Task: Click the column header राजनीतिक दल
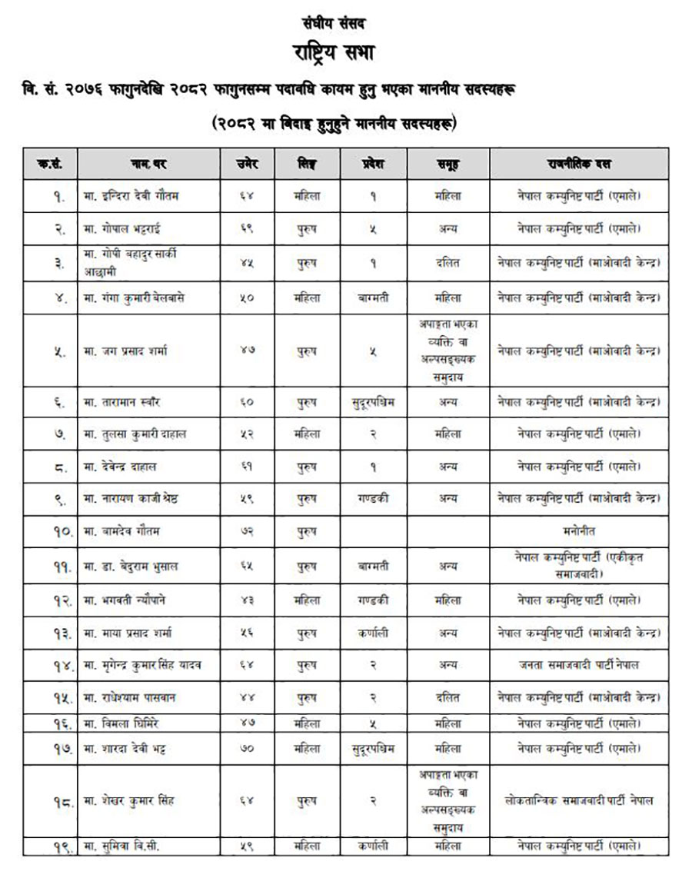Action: coord(579,165)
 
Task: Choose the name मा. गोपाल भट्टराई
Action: coord(122,229)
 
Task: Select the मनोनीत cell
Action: coord(579,530)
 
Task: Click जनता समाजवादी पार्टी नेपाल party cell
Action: coord(579,664)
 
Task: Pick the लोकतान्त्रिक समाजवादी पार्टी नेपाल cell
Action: coord(579,800)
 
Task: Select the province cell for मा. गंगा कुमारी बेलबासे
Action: coord(373,298)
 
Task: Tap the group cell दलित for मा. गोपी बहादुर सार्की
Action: coord(448,262)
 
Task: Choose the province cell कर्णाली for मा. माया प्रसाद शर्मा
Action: coord(373,633)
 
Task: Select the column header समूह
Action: coord(448,165)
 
